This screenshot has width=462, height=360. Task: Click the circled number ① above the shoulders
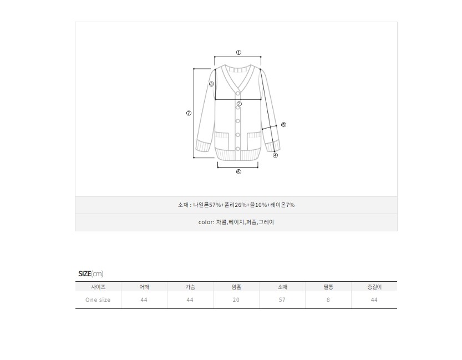click(238, 53)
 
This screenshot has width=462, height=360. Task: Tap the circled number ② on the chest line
click(239, 104)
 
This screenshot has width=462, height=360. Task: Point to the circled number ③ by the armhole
click(211, 84)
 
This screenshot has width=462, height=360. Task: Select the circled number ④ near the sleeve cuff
click(275, 155)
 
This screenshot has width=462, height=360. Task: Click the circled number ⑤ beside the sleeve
click(283, 125)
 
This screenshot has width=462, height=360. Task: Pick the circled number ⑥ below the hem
click(238, 172)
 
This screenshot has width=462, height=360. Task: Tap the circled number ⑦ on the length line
click(189, 113)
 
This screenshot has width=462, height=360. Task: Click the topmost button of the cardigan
click(238, 94)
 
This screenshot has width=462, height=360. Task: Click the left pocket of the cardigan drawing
click(222, 141)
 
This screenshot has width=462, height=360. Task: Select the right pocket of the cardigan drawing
click(253, 141)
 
